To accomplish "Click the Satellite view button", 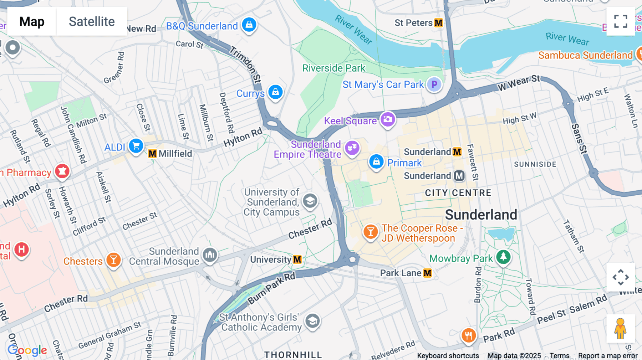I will click(x=92, y=21).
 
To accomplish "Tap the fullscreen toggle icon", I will click(x=621, y=21).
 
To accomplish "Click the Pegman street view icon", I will click(x=620, y=329).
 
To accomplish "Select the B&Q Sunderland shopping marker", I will click(x=249, y=25).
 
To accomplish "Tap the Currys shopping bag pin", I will click(x=275, y=92).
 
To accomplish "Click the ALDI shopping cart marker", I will click(x=136, y=146).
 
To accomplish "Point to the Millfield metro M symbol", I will click(x=152, y=154).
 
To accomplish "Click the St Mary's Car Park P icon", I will click(x=434, y=84).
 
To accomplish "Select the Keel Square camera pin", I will click(x=388, y=119).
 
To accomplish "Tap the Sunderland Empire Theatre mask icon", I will click(x=352, y=147).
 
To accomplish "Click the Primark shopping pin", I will click(x=376, y=162).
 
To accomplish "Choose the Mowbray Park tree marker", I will click(x=503, y=257).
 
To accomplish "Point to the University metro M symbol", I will click(x=297, y=259).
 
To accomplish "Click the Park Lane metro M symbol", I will click(x=427, y=273).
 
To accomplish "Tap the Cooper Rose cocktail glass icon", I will click(x=371, y=232).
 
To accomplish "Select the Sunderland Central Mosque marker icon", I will click(x=210, y=255).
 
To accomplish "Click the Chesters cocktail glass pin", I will click(x=113, y=260).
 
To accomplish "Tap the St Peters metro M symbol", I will click(x=438, y=23).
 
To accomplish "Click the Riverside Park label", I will click(x=333, y=68).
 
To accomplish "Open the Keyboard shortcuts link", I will click(x=448, y=356).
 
